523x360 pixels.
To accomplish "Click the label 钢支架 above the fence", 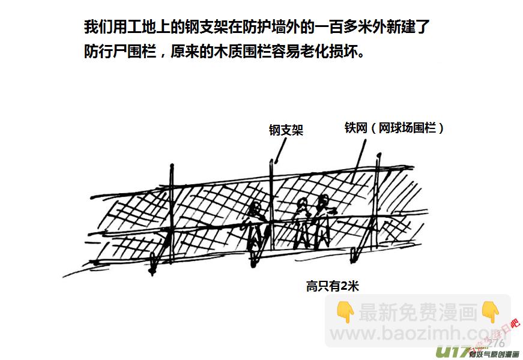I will tap(286, 130).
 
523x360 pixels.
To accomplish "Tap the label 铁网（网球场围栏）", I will tap(395, 128).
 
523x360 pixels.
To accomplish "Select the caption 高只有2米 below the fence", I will tap(332, 286).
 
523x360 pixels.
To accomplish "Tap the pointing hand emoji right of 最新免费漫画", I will tap(491, 312).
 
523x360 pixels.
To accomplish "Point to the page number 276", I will tap(495, 343).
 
